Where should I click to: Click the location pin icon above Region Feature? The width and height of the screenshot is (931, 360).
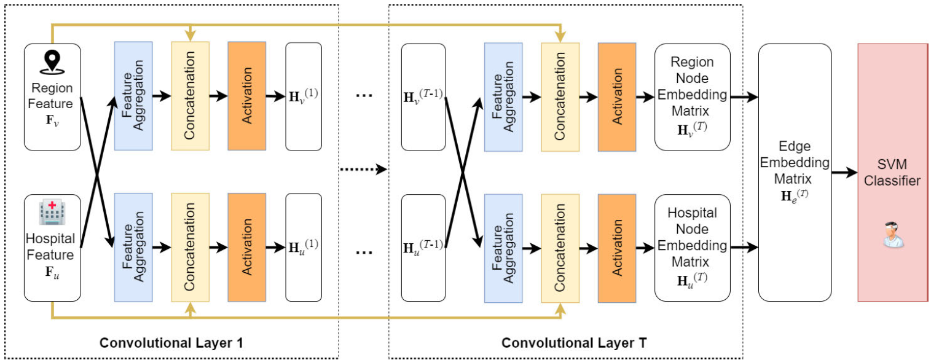tap(52, 61)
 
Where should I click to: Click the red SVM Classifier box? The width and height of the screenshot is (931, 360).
tap(892, 172)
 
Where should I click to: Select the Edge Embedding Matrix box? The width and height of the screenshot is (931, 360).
tap(795, 172)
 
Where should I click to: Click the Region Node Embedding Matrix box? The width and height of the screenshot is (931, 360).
tap(692, 97)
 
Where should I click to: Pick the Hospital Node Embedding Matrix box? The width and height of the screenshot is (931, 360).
tap(692, 248)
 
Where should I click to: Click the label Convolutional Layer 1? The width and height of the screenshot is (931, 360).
tap(171, 343)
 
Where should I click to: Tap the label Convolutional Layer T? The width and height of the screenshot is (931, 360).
tap(565, 343)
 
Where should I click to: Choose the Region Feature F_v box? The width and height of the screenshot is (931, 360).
tap(52, 97)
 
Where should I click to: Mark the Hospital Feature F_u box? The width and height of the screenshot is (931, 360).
tap(52, 248)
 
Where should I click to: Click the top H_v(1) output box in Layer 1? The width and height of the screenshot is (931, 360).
tap(304, 97)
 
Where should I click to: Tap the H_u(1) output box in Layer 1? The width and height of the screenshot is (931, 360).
tap(304, 248)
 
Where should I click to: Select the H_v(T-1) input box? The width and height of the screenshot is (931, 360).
tap(423, 97)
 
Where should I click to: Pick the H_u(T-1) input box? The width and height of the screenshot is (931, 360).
tap(423, 248)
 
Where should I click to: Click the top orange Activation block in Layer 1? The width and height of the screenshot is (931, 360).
tap(246, 97)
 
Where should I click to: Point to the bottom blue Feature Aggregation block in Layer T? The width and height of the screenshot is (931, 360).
tap(503, 248)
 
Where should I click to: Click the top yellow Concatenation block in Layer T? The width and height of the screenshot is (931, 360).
tap(560, 97)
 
